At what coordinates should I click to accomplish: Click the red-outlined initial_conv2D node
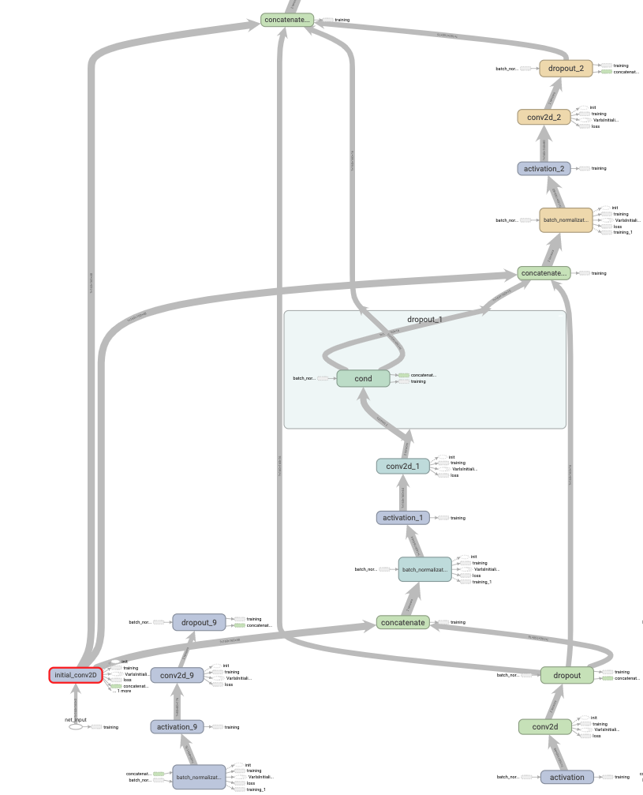(x=76, y=675)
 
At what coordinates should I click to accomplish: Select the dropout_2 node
(x=566, y=69)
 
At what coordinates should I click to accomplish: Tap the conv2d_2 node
(x=544, y=117)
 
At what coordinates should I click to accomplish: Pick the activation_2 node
(x=544, y=168)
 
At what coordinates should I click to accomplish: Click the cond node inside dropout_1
(x=363, y=378)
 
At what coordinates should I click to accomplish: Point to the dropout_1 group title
(x=424, y=320)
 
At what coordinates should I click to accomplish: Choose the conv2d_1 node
(x=402, y=466)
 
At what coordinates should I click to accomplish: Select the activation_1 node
(x=402, y=518)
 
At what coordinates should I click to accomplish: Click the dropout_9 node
(x=199, y=622)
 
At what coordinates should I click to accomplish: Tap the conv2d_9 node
(x=177, y=675)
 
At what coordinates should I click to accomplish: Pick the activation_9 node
(x=177, y=726)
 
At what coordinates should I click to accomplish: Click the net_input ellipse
(x=76, y=726)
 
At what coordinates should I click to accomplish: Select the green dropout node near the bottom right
(x=566, y=675)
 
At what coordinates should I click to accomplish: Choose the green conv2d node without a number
(x=544, y=726)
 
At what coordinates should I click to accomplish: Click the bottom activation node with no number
(x=566, y=777)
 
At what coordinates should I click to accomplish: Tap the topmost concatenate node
(x=287, y=20)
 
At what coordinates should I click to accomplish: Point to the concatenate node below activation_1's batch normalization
(x=402, y=622)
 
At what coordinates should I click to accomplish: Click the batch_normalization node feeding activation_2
(x=566, y=220)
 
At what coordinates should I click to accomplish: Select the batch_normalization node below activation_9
(x=199, y=777)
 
